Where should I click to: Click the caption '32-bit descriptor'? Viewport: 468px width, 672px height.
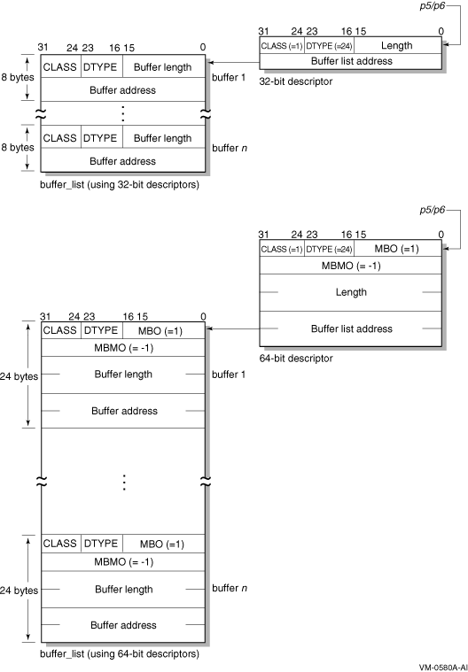(295, 81)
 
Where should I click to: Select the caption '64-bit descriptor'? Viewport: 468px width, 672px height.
(296, 359)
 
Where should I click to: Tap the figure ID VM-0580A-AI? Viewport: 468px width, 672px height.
(443, 668)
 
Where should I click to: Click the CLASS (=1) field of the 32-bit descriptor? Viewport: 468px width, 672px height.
(282, 46)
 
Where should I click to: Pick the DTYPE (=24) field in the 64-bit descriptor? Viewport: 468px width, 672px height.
(329, 249)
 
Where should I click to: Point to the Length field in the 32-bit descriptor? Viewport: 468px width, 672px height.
(397, 45)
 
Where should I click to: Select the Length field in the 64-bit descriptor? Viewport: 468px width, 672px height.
(351, 292)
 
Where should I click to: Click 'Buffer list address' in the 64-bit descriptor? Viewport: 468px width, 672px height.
(351, 328)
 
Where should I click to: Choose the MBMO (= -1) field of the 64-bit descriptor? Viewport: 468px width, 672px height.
(351, 266)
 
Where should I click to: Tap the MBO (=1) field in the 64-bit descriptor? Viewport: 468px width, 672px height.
(396, 249)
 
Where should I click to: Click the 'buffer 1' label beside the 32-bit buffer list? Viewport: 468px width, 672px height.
(229, 78)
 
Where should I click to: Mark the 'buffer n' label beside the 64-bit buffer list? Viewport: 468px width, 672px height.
(230, 588)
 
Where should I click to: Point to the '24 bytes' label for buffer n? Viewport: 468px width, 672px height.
(19, 591)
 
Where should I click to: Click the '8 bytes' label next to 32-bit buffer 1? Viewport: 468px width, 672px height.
(18, 78)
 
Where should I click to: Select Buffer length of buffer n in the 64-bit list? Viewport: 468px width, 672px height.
(123, 590)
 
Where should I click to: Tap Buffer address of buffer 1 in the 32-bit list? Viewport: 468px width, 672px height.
(122, 90)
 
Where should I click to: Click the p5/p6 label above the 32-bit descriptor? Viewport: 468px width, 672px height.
(432, 6)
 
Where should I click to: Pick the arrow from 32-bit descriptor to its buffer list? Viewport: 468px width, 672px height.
(233, 63)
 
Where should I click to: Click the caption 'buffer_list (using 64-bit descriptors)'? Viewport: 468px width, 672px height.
(120, 654)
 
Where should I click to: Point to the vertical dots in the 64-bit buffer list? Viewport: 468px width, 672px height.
(124, 483)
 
